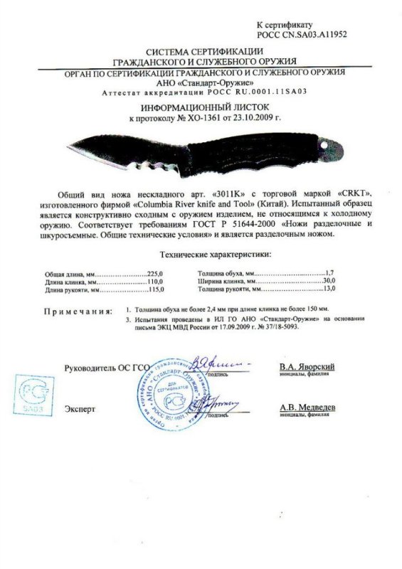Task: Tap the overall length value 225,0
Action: click(154, 273)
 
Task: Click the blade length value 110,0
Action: click(154, 282)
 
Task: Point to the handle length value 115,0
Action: click(154, 290)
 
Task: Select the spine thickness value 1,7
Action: click(329, 273)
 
